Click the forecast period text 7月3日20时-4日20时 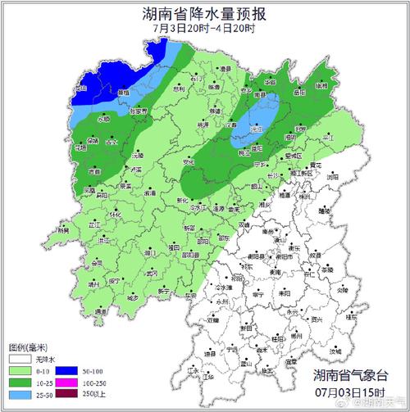click(204, 29)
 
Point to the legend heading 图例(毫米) click(25, 346)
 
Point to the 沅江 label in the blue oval click(256, 129)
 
